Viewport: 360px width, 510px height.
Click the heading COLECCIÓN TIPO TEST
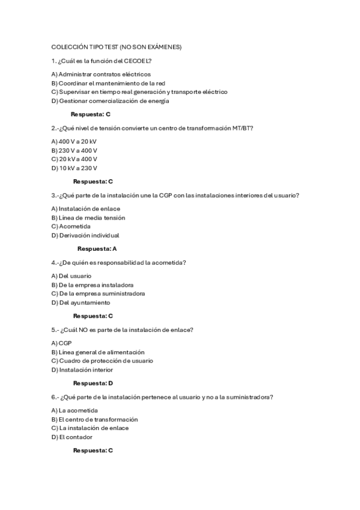[116, 47]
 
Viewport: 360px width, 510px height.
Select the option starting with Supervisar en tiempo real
[139, 92]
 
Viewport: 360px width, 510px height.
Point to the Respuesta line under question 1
[90, 114]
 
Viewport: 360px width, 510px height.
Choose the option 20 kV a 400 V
[74, 159]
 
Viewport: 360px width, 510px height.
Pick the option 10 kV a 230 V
[74, 168]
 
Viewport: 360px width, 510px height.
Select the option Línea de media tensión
[88, 218]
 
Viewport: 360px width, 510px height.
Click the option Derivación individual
[85, 235]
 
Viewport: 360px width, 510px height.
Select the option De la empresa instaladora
[92, 284]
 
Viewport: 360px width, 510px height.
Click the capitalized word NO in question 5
[87, 330]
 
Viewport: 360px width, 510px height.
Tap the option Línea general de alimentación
[97, 352]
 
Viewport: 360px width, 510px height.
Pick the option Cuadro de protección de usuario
[102, 361]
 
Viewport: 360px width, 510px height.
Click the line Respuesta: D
[93, 383]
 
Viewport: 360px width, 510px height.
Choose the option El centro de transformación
[94, 419]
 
